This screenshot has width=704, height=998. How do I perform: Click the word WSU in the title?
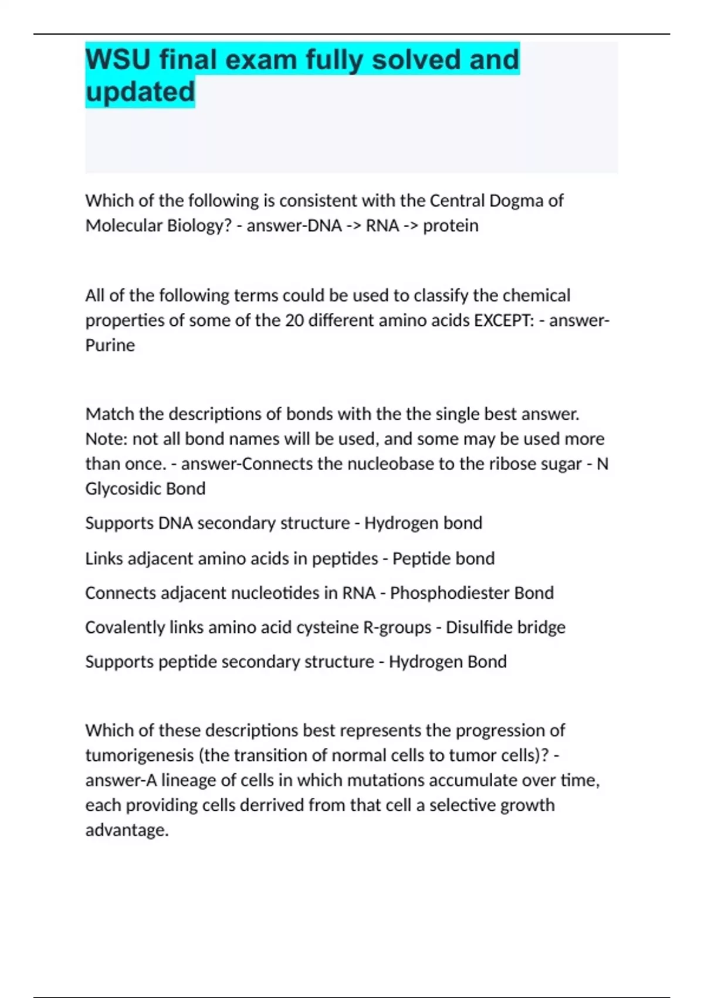(x=117, y=60)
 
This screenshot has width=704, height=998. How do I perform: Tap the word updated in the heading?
(x=140, y=92)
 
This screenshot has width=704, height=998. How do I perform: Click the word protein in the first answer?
(x=451, y=225)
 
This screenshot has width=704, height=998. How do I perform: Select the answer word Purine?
(x=110, y=345)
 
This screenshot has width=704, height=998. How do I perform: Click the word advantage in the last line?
(x=126, y=830)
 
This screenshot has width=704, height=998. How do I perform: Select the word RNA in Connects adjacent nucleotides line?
(x=358, y=593)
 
